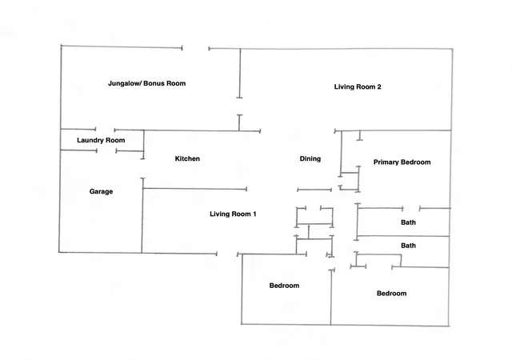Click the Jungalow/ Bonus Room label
[x=146, y=83]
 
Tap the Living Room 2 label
[x=358, y=87]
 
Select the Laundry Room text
[x=101, y=140]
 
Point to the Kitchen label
[x=187, y=158]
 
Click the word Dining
[x=310, y=158]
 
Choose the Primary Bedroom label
[x=402, y=162]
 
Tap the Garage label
[x=102, y=191]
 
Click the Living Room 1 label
[x=233, y=214]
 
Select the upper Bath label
[x=408, y=222]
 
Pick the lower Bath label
[x=408, y=246]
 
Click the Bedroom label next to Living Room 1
[x=284, y=286]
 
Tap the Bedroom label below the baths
[x=391, y=294]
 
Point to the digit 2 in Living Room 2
[x=378, y=87]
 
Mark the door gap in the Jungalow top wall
[x=195, y=48]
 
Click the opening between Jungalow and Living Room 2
[x=240, y=106]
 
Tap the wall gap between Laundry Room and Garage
[x=106, y=150]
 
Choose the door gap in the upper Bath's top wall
[x=411, y=208]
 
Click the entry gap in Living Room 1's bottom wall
[x=227, y=254]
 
